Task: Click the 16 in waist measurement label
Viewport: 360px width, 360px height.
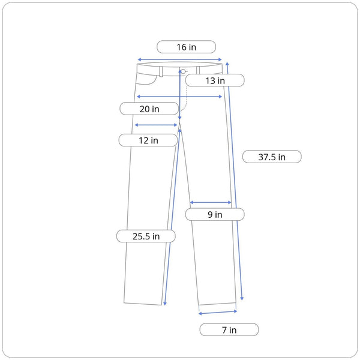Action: click(186, 47)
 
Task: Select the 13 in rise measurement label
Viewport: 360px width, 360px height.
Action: click(215, 80)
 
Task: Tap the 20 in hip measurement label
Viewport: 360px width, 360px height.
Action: click(149, 109)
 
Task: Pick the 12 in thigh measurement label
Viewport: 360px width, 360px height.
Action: click(148, 140)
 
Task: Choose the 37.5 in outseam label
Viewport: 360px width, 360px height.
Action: click(272, 157)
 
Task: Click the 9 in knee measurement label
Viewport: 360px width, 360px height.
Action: click(215, 214)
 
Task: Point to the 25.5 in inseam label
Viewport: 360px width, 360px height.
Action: click(146, 236)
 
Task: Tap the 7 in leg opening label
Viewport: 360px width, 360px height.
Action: click(229, 329)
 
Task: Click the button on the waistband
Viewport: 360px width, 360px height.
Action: click(183, 71)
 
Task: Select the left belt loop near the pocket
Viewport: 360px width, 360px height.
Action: click(161, 71)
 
